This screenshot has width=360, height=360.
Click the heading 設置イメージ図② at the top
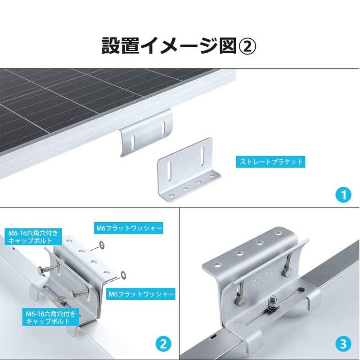[179, 45]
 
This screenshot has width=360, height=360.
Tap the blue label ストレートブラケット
[270, 162]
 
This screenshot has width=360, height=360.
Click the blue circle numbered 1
[343, 195]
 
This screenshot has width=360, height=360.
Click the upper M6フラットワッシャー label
[128, 228]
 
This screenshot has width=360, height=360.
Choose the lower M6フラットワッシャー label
[141, 295]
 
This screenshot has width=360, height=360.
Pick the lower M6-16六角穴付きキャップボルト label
[50, 317]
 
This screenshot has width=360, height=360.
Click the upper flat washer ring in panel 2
[102, 245]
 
